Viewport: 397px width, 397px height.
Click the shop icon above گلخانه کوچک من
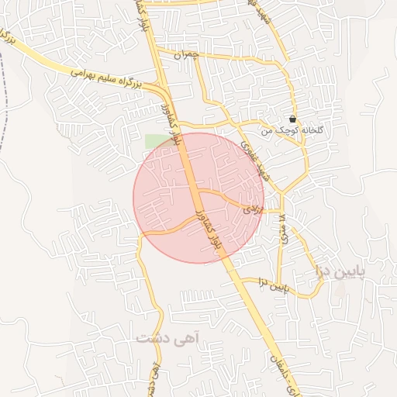pos(292,119)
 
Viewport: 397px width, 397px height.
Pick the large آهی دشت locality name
pos(168,338)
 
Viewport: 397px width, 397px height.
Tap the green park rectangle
pos(155,141)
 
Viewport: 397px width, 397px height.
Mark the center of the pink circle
pos(198,198)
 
